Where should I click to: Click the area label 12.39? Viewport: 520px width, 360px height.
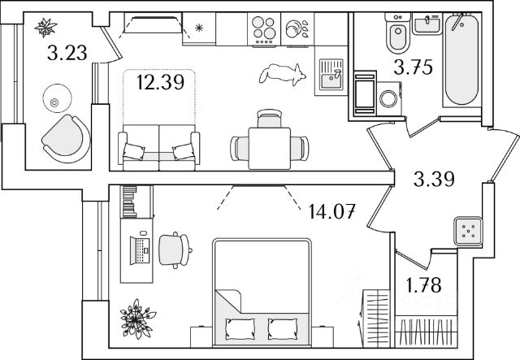pyautogui.click(x=154, y=81)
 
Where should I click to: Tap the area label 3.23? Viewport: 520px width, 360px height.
pyautogui.click(x=67, y=55)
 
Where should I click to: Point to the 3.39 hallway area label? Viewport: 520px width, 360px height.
pyautogui.click(x=432, y=180)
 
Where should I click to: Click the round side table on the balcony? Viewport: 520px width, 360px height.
pyautogui.click(x=54, y=101)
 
